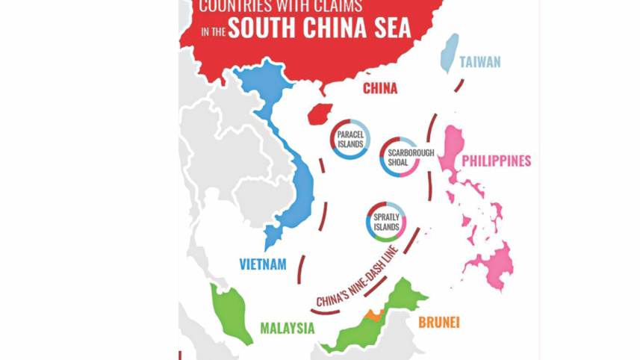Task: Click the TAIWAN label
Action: click(479, 62)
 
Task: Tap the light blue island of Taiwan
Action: click(449, 52)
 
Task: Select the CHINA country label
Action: click(380, 89)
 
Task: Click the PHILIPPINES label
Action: click(497, 161)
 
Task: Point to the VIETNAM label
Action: click(263, 264)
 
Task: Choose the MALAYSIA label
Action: click(288, 328)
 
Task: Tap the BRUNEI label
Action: click(438, 323)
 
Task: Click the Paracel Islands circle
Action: click(349, 139)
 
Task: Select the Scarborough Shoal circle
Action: click(400, 157)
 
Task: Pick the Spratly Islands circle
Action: click(386, 222)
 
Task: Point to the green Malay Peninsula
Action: click(232, 311)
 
